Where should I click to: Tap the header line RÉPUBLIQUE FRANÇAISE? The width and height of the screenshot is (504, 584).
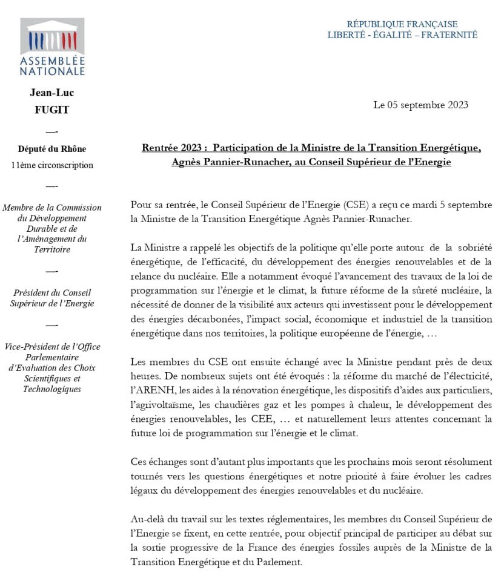402,24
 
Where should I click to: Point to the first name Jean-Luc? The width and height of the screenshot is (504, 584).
51,93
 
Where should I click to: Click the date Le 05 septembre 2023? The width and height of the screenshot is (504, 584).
420,105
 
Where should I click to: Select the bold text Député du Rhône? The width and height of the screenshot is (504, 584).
52,149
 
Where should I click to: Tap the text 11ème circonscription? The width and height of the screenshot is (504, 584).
52,165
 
